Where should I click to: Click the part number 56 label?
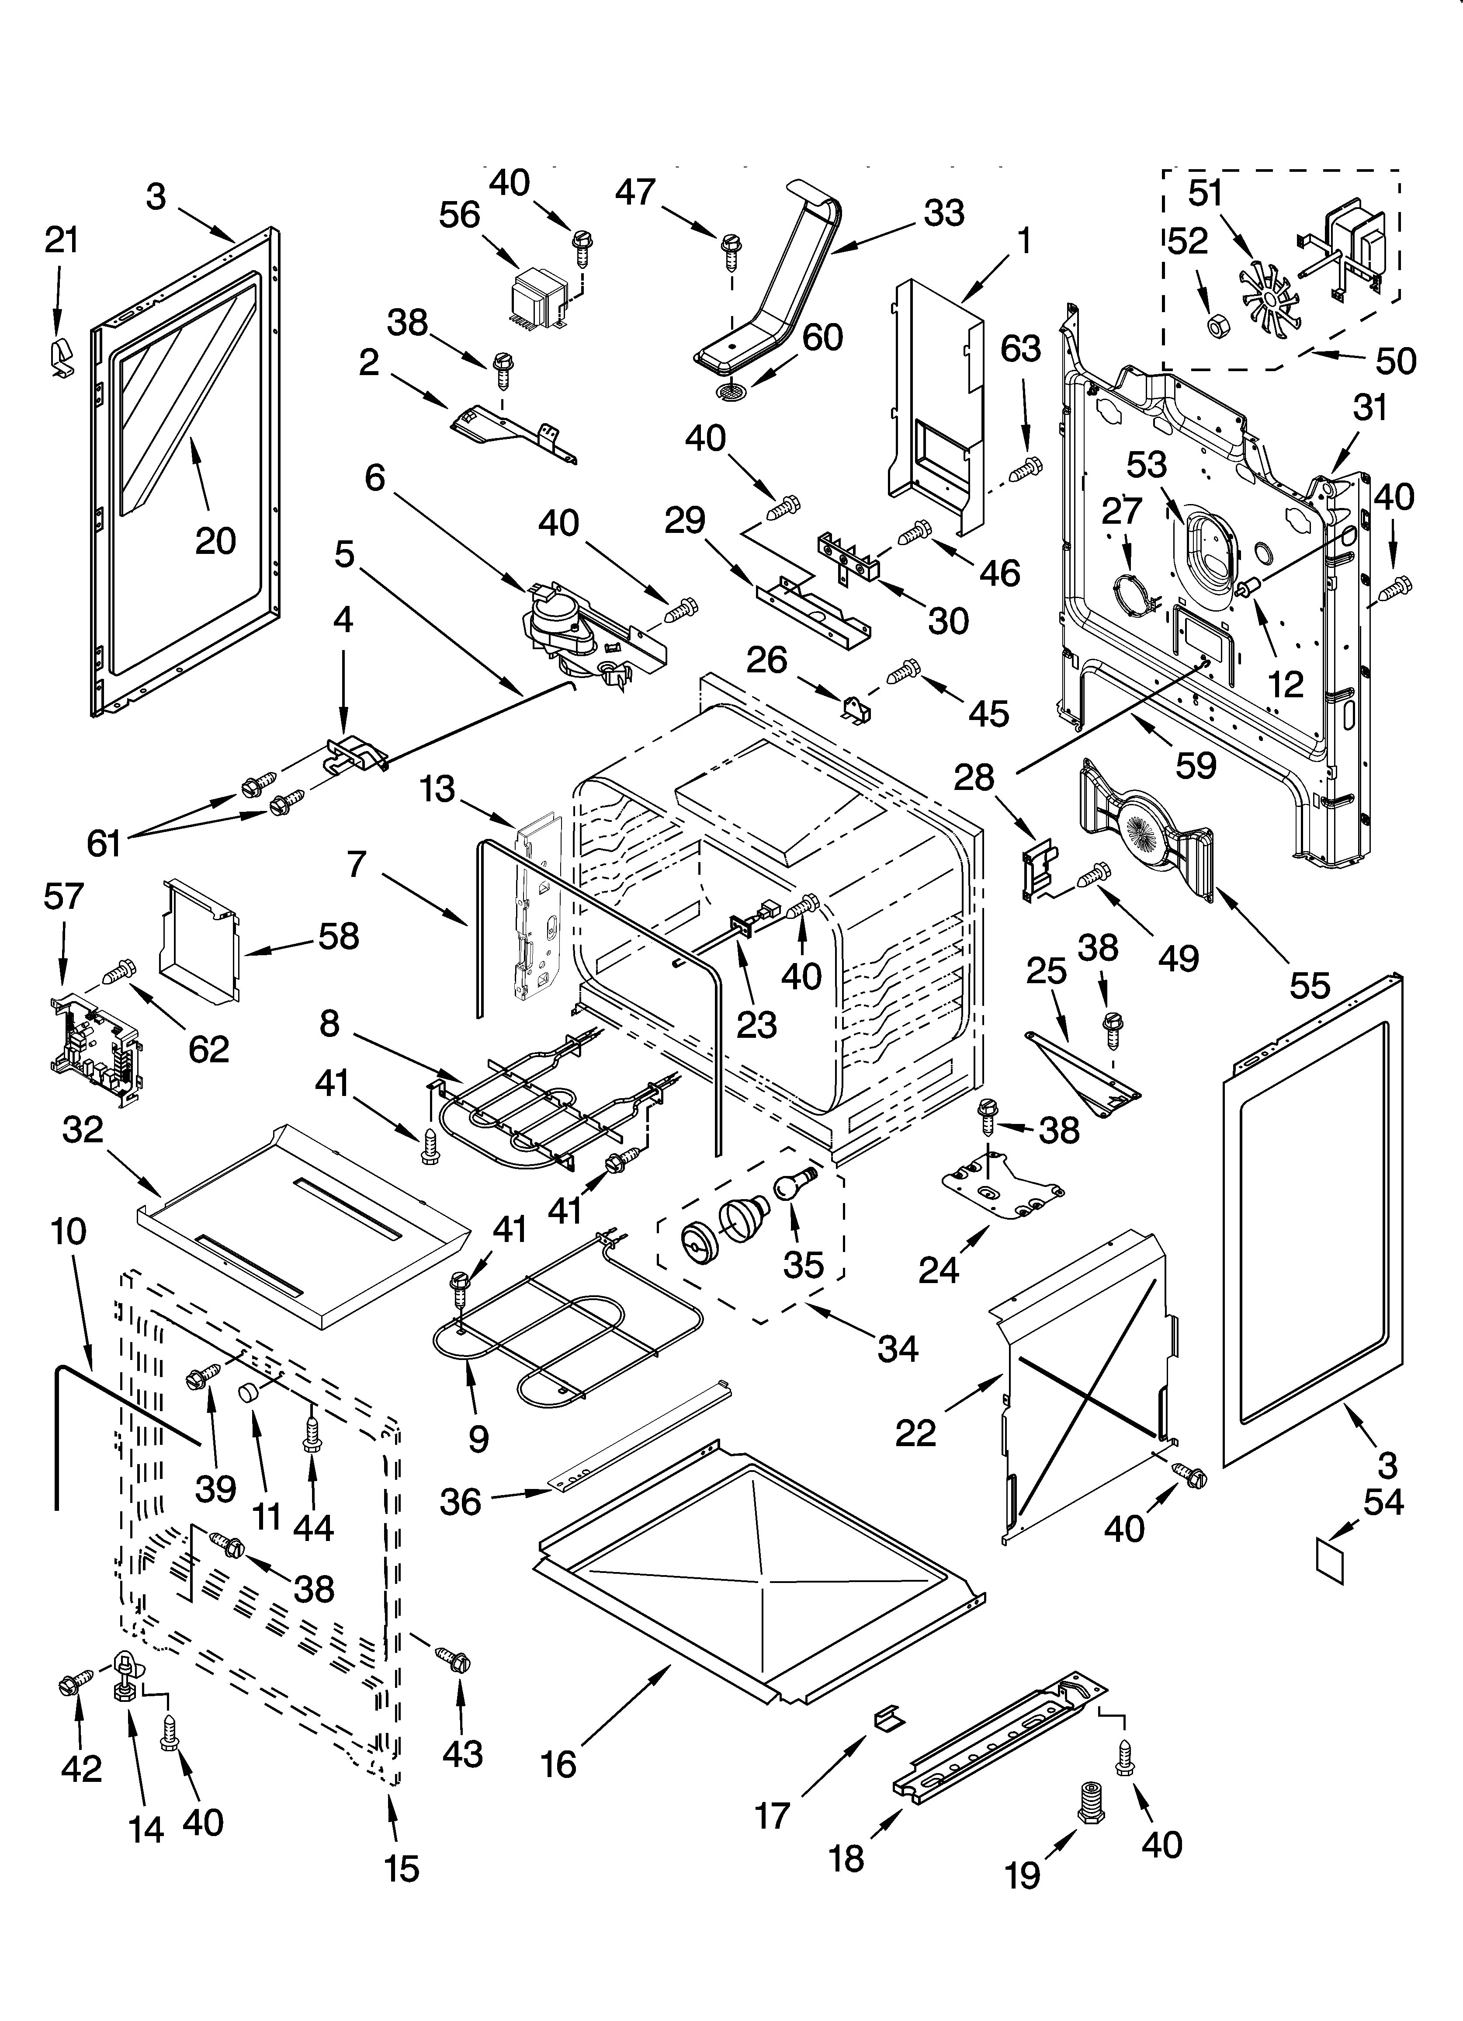point(460,216)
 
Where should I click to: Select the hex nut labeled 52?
point(1213,327)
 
